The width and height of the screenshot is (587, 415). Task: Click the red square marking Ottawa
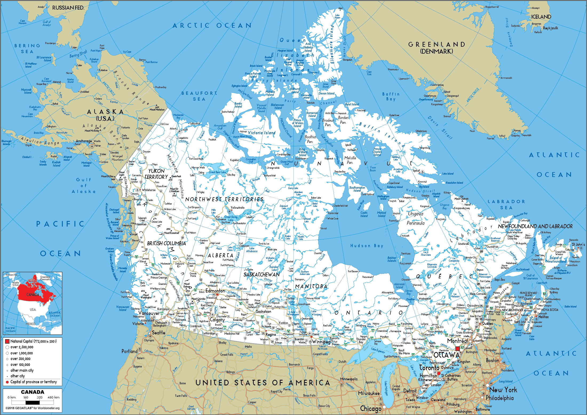point(457,349)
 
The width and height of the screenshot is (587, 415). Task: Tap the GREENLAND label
point(437,45)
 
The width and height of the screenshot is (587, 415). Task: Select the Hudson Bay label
point(367,246)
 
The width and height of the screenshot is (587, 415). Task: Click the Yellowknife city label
point(237,207)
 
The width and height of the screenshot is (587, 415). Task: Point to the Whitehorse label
point(149,190)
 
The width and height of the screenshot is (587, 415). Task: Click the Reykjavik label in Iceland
point(550,28)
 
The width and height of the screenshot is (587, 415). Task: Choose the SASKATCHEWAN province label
point(261,275)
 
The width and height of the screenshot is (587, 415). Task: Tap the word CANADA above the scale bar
point(33,392)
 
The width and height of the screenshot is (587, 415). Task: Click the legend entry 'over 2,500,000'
point(22,347)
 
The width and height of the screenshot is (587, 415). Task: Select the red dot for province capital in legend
point(7,382)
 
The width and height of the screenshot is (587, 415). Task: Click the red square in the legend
point(7,341)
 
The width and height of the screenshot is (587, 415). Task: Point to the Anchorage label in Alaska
point(84,141)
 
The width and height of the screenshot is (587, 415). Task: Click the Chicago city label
point(371,408)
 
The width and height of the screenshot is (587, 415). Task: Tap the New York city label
point(503,390)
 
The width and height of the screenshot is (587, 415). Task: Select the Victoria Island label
point(261,133)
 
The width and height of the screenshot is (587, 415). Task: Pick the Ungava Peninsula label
point(415,218)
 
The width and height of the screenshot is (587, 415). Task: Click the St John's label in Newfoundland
point(578,244)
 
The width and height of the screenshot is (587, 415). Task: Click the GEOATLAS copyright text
point(33,408)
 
